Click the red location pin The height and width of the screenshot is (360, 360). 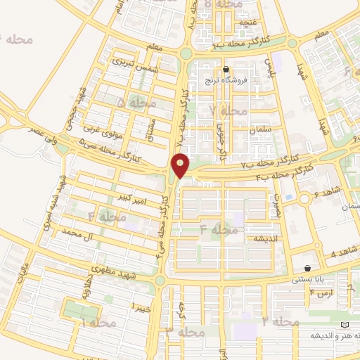pyautogui.click(x=181, y=167)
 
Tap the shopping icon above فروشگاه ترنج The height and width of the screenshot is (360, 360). pyautogui.click(x=226, y=70)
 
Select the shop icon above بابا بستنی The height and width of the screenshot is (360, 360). pyautogui.click(x=308, y=268)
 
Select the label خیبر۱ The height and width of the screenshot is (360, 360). pyautogui.click(x=141, y=306)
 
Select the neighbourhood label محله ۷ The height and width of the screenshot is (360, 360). pyautogui.click(x=229, y=111)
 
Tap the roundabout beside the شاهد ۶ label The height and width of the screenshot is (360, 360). pyautogui.click(x=304, y=200)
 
